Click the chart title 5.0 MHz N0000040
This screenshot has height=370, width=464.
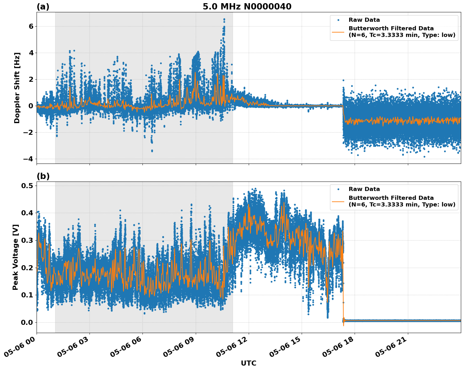[247, 7]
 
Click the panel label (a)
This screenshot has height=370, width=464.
[43, 7]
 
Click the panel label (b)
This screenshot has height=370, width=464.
[43, 176]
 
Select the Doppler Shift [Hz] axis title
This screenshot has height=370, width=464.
[17, 88]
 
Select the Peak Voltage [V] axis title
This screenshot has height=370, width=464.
[15, 257]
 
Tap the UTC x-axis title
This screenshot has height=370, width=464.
[248, 363]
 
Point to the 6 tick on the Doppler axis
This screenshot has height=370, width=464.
[31, 26]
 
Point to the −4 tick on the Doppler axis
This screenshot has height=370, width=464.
[28, 159]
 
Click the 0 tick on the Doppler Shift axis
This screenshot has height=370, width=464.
[31, 106]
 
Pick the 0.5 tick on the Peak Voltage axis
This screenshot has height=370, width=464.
[28, 186]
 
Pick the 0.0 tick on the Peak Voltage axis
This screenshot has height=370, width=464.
[28, 322]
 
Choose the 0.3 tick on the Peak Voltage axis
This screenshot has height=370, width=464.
[28, 240]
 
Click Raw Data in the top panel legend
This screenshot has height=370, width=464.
[364, 20]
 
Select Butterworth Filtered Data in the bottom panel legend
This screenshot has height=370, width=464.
[391, 198]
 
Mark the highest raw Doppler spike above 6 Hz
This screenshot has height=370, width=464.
[224, 20]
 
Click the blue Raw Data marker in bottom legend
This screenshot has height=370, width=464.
[338, 189]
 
